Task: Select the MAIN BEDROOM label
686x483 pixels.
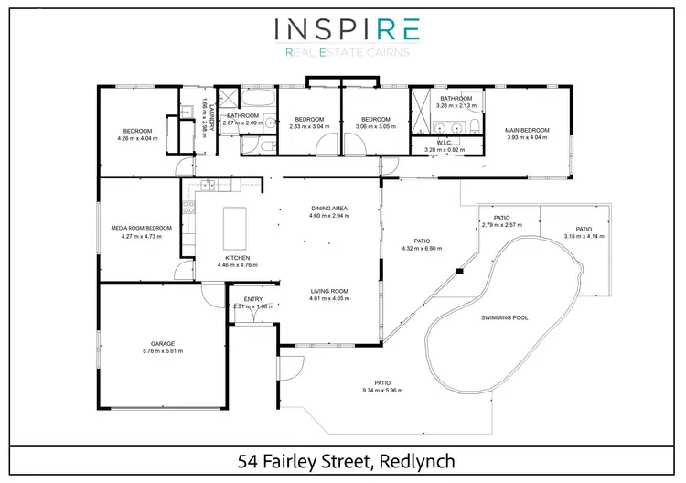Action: click(x=527, y=130)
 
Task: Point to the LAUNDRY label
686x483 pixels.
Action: click(x=209, y=115)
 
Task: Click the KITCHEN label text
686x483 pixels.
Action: click(x=237, y=258)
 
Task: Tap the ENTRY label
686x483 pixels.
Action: click(x=252, y=299)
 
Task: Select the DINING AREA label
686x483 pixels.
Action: click(x=328, y=209)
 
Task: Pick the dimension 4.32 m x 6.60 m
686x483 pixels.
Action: click(x=422, y=248)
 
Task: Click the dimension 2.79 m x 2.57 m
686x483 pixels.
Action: click(x=501, y=224)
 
